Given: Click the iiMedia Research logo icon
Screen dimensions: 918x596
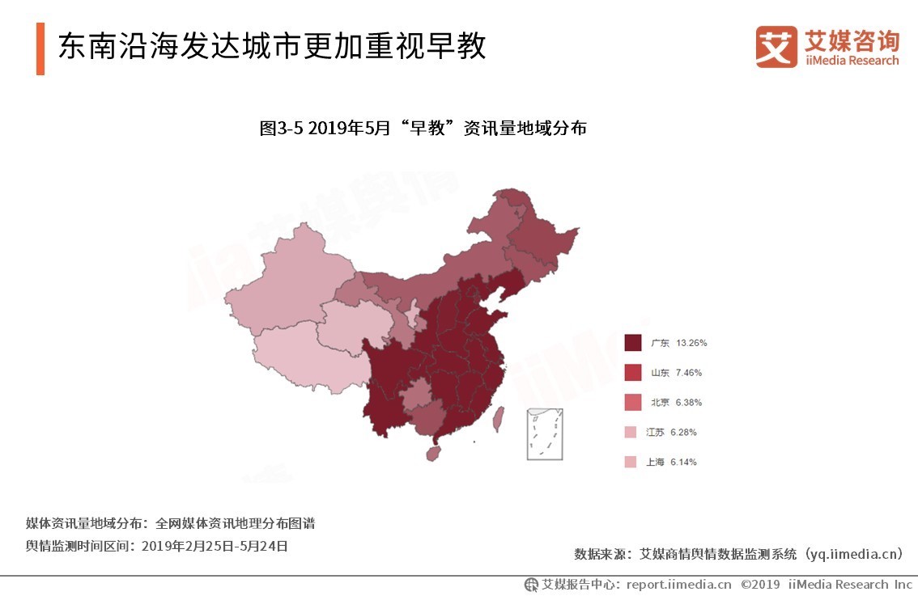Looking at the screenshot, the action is (x=776, y=47).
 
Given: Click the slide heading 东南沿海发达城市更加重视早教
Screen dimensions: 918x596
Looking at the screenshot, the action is (x=271, y=46).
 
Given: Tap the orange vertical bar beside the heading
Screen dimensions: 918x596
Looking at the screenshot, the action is (x=40, y=48).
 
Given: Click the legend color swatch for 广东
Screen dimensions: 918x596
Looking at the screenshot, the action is (x=632, y=343).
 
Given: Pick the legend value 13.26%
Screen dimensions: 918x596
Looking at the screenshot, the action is (x=691, y=343).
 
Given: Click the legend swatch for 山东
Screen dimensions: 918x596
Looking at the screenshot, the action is (x=632, y=373).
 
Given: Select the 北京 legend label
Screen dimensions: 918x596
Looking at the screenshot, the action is (x=659, y=403).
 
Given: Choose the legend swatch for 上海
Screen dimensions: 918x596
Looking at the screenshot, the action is (x=632, y=463).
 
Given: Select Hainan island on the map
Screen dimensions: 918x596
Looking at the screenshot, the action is (x=434, y=452).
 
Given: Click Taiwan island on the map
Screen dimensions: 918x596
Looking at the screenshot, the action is (x=498, y=418).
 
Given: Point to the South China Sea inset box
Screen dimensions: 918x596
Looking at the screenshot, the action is (x=544, y=434).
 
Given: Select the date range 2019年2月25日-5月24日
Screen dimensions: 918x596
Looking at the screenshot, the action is (x=215, y=546).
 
